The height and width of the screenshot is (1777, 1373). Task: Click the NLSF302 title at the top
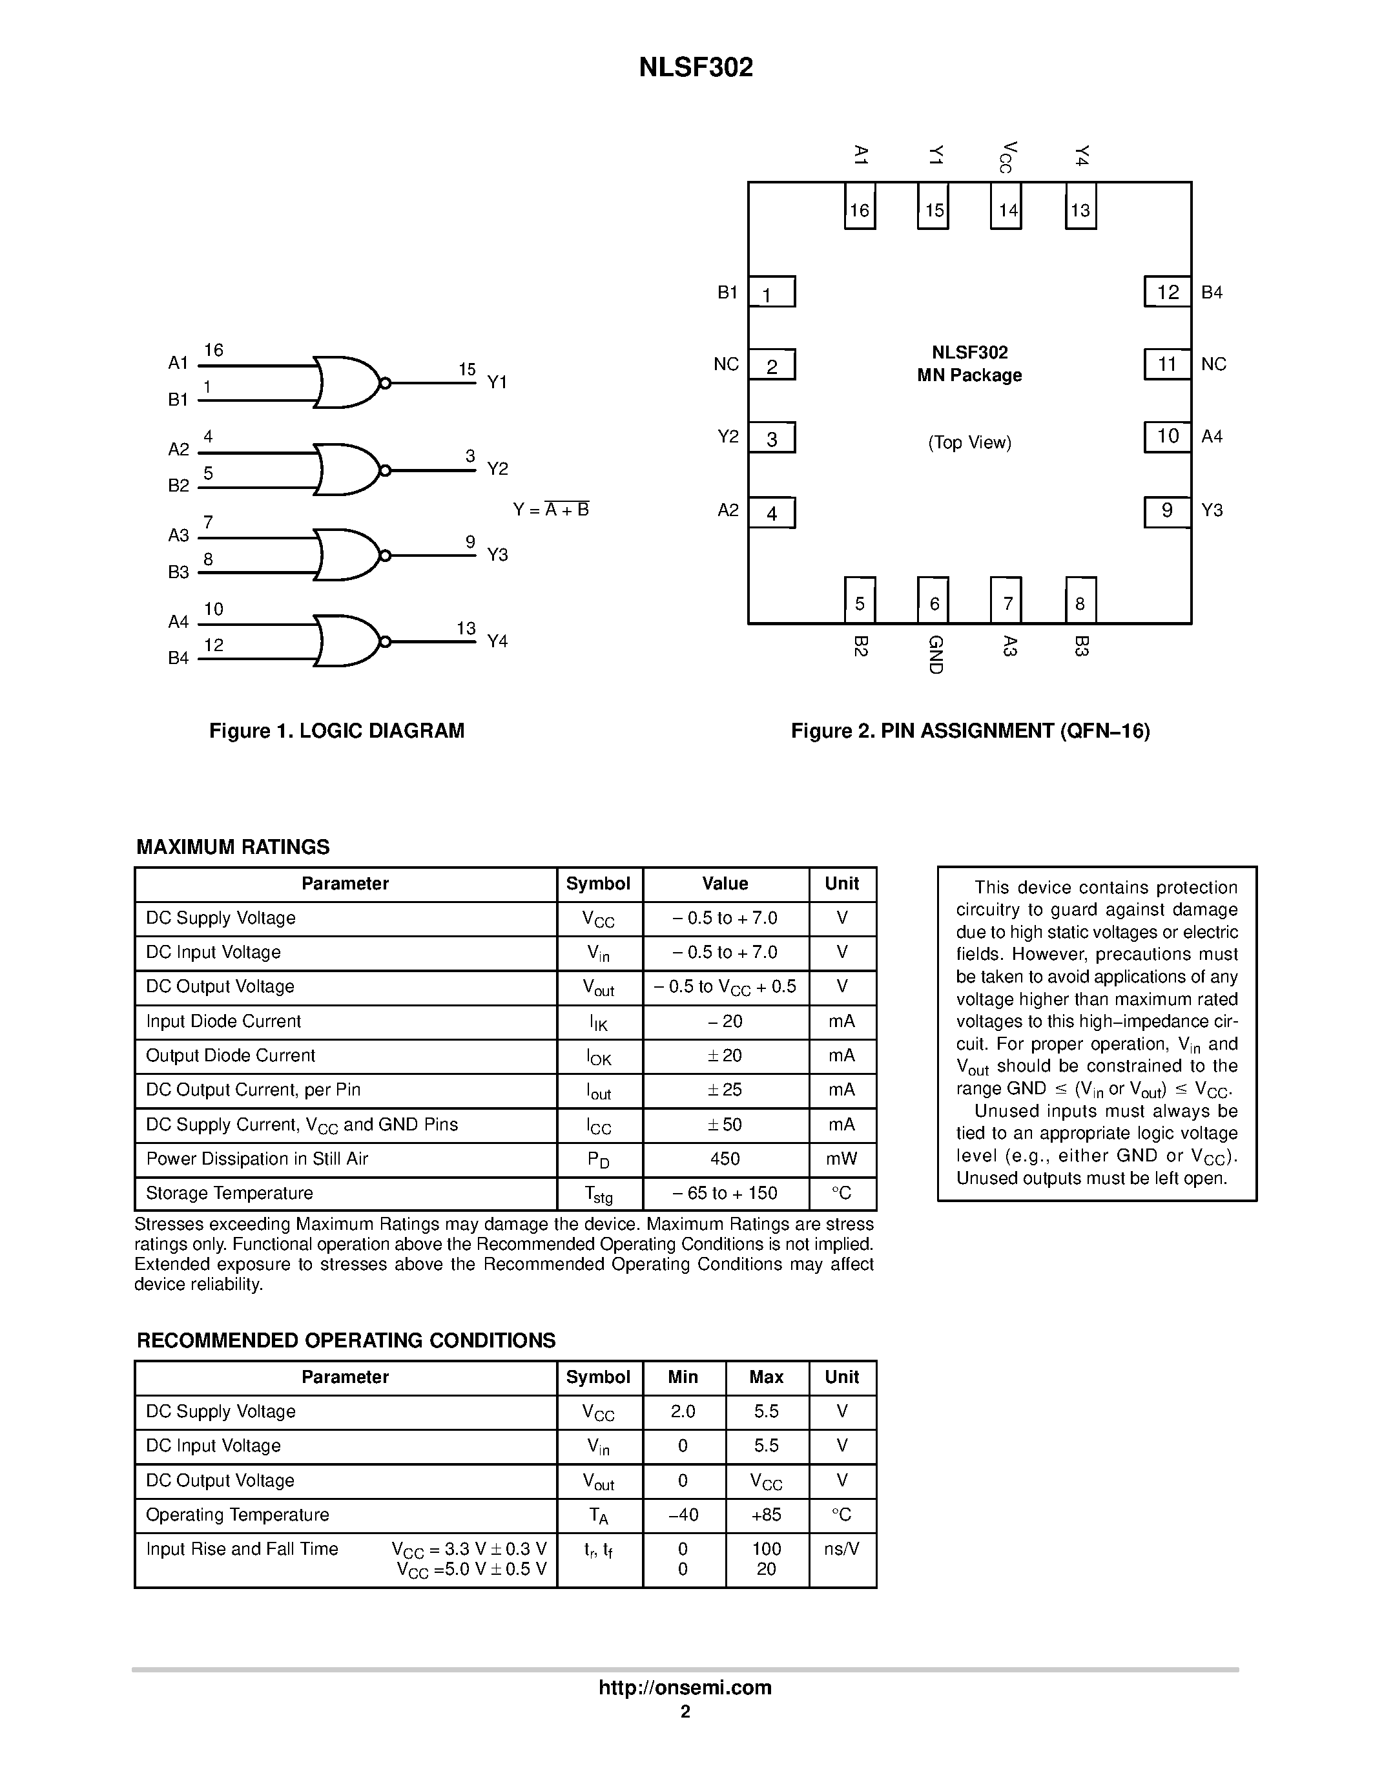696,68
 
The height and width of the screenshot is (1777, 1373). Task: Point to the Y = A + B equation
551,510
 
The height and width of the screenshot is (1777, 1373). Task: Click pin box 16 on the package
860,208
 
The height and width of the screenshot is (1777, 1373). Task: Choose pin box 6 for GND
933,601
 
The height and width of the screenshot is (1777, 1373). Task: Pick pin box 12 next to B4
1167,292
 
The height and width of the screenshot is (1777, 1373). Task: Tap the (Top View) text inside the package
969,442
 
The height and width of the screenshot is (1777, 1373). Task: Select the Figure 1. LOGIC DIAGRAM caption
336,731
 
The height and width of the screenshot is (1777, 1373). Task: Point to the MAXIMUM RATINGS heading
232,847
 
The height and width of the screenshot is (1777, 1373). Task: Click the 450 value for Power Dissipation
725,1159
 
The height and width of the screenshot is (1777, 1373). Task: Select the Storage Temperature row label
229,1193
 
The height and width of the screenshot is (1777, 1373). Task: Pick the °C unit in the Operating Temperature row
842,1514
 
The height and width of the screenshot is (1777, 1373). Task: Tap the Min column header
683,1377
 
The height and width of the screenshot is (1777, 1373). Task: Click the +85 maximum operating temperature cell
766,1514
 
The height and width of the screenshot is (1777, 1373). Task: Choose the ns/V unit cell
842,1549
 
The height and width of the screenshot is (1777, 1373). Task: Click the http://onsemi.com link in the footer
685,1687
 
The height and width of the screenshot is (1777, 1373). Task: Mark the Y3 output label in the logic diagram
497,555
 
